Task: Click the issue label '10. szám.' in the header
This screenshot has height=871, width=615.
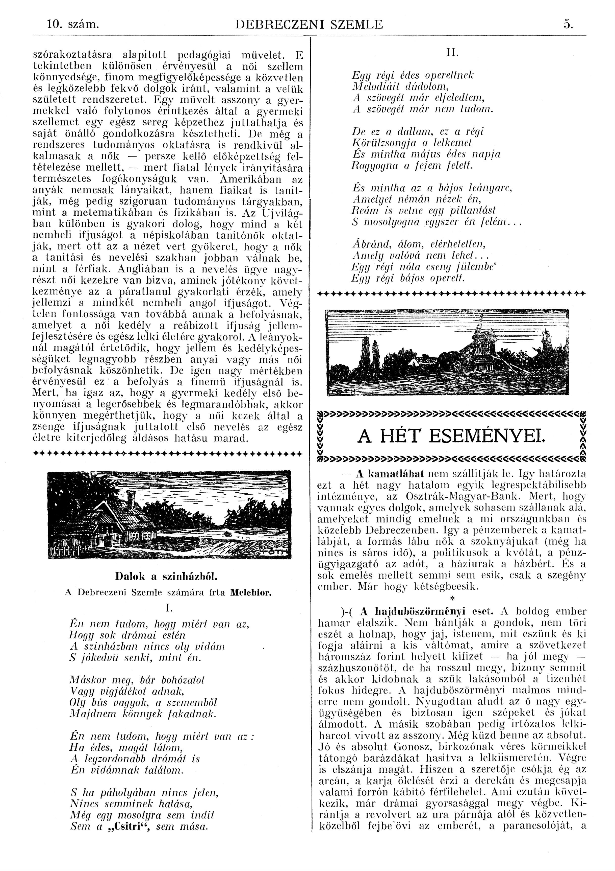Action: coord(73,25)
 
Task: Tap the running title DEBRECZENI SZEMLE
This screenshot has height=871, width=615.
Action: coord(309,25)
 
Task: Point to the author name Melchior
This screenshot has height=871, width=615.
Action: coord(251,592)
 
